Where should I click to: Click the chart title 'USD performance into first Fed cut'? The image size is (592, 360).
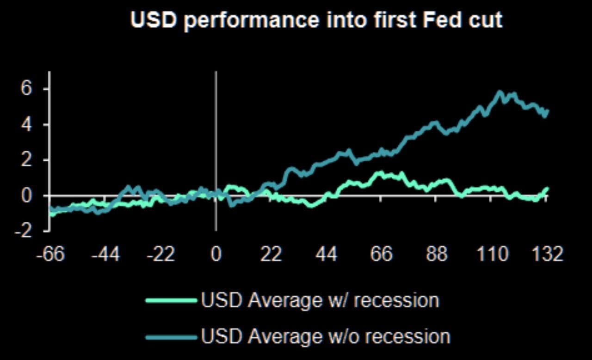pyautogui.click(x=316, y=20)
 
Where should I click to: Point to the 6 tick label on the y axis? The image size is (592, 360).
pyautogui.click(x=27, y=88)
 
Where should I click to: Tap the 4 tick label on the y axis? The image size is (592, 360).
pyautogui.click(x=27, y=124)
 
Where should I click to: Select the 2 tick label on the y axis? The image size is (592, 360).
pyautogui.click(x=27, y=160)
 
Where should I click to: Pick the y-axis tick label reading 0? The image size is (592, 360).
pyautogui.click(x=27, y=195)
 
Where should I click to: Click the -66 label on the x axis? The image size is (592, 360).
pyautogui.click(x=51, y=254)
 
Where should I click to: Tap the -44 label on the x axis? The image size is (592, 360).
pyautogui.click(x=106, y=254)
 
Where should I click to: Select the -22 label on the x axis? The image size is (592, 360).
pyautogui.click(x=161, y=254)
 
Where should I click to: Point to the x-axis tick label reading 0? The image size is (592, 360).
pyautogui.click(x=216, y=254)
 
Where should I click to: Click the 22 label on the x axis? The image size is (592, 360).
pyautogui.click(x=271, y=254)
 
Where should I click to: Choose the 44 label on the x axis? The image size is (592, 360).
pyautogui.click(x=326, y=254)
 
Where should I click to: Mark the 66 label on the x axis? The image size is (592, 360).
pyautogui.click(x=381, y=254)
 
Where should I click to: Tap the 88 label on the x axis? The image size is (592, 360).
pyautogui.click(x=436, y=254)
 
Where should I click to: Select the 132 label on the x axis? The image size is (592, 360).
pyautogui.click(x=547, y=254)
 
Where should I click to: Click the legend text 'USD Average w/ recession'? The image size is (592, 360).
pyautogui.click(x=320, y=300)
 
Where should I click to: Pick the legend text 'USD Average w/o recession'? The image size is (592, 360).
pyautogui.click(x=326, y=336)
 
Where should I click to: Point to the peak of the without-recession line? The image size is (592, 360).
pyautogui.click(x=500, y=92)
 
